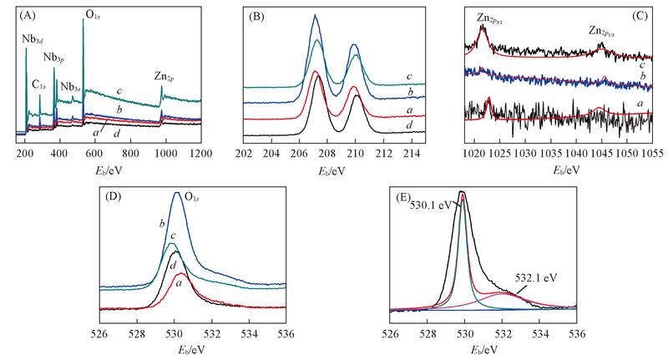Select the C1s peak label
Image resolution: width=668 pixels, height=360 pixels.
click(40, 84)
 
